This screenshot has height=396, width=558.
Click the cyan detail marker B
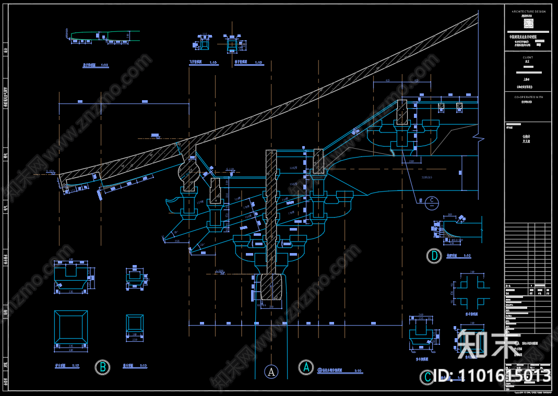pos(103,367)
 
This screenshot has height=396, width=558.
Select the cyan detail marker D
pos(434,256)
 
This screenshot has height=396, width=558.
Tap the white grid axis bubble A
pos(271,371)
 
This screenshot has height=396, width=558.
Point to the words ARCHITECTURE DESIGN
pos(528,11)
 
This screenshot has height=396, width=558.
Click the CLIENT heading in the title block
pos(528,57)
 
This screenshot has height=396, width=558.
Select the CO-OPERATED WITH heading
pos(528,97)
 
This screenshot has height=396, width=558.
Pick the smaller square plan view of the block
pos(135,327)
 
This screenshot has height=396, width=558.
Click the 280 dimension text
pos(411,162)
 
